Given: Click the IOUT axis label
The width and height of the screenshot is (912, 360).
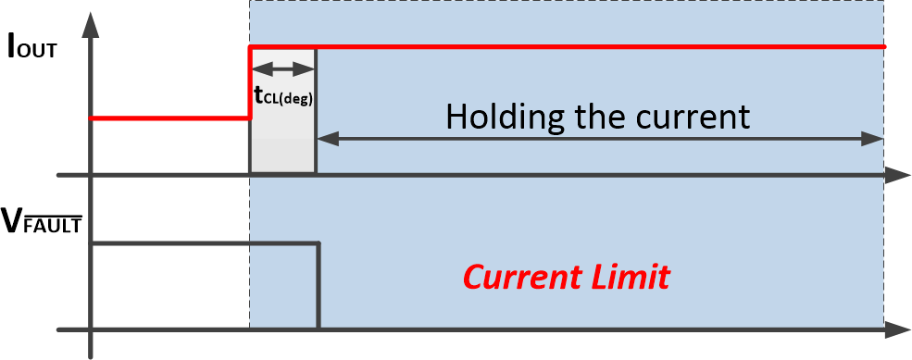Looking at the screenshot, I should pos(32,46).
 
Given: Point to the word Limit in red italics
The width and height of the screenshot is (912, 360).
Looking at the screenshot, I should pos(630,276).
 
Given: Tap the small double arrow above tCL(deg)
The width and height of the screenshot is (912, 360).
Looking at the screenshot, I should pos(283,68).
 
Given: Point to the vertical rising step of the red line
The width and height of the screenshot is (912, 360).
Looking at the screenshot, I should pos(250,83).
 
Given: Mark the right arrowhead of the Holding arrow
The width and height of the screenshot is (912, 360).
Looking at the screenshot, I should pos(874,139).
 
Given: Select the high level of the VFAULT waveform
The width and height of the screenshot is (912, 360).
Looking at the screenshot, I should pos(204,243).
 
